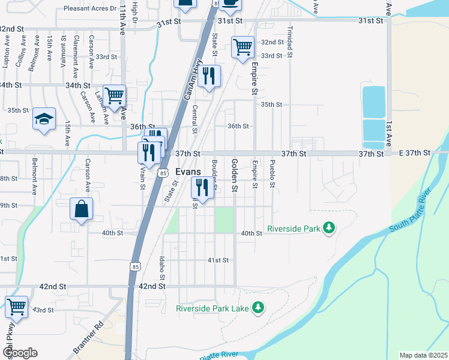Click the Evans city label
tap(188, 171)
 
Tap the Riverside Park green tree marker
tap(328, 228)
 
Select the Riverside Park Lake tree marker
tap(258, 308)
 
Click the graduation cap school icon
tap(44, 119)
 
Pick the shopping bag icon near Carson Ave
tap(82, 209)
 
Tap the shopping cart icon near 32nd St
tap(243, 47)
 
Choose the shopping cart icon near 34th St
tap(114, 95)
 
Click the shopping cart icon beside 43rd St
tap(17, 307)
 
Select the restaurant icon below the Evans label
tap(202, 188)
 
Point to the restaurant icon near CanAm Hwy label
tap(209, 76)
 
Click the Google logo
tap(20, 353)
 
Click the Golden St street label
tap(235, 176)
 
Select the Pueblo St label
tap(273, 174)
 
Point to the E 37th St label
tap(415, 154)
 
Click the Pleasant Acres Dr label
tap(90, 8)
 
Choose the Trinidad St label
tap(289, 41)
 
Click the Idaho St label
tap(162, 266)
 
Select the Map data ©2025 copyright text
tap(423, 355)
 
